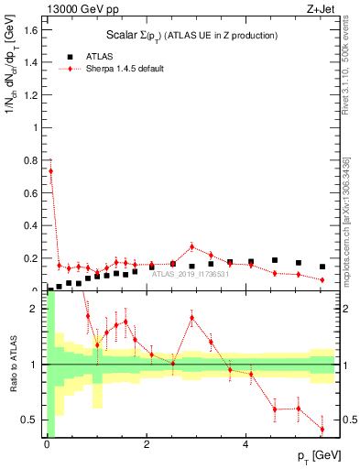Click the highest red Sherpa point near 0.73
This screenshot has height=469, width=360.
50,170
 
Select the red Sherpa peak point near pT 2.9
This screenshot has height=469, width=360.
191,246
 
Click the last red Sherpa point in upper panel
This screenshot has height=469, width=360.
322,279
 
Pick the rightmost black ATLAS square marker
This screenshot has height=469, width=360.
322,267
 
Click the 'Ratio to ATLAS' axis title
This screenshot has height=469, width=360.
12,364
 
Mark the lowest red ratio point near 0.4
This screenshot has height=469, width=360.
322,429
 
